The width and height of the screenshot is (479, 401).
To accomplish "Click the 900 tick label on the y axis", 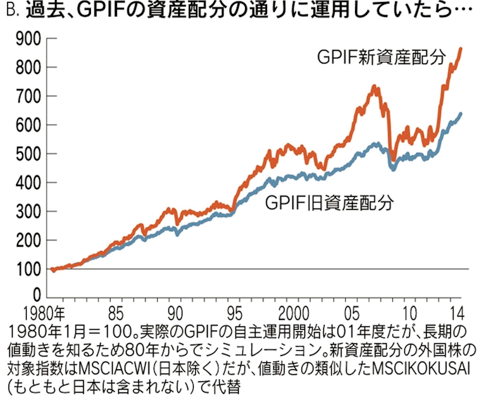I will click(24, 39).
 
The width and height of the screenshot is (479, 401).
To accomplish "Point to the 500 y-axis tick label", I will click(24, 154).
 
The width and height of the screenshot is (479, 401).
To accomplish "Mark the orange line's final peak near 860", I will click(460, 49).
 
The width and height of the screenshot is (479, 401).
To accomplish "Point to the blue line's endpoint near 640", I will click(461, 113).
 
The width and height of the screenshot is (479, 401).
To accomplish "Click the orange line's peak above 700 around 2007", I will click(374, 87).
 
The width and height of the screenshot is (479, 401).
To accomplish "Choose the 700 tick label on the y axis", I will click(24, 97).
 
